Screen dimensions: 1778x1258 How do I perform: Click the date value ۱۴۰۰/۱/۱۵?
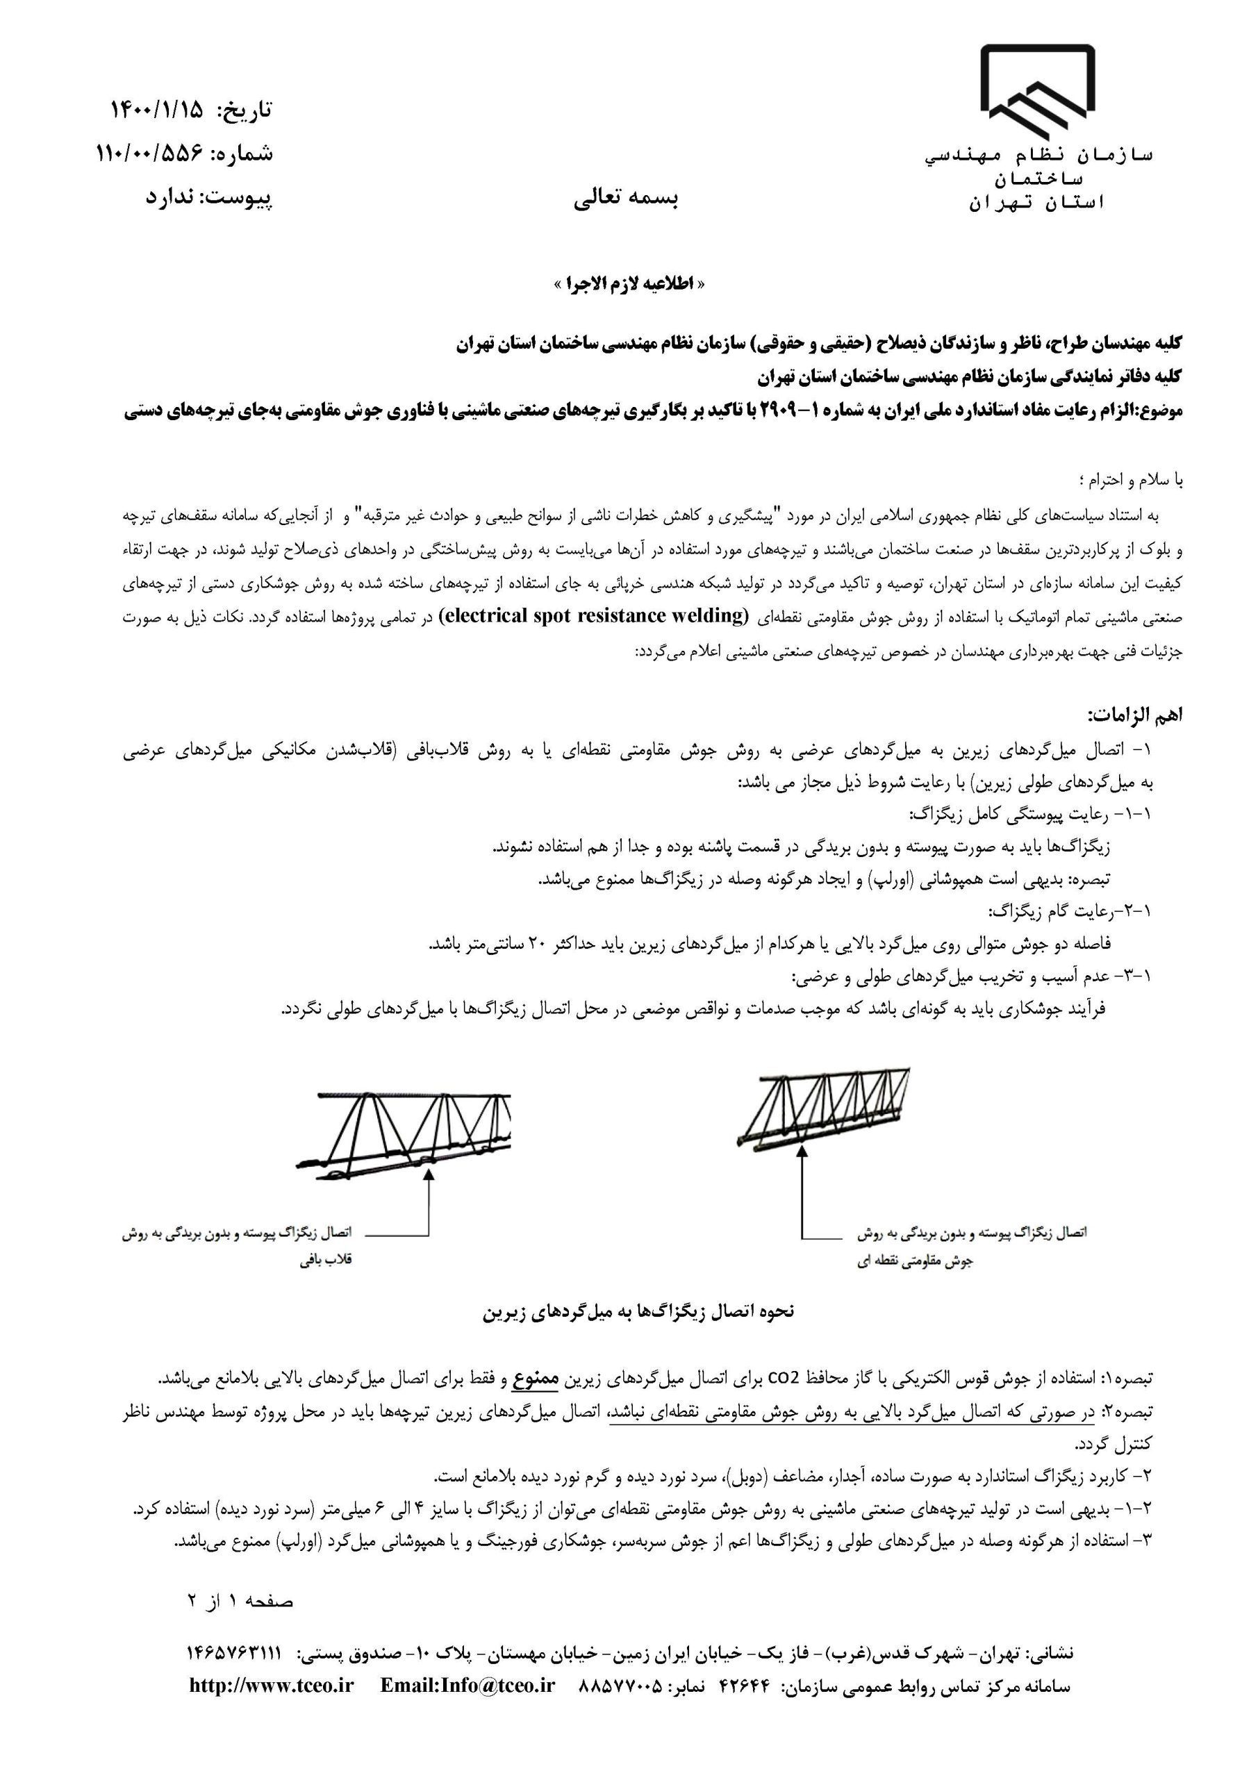click(156, 110)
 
